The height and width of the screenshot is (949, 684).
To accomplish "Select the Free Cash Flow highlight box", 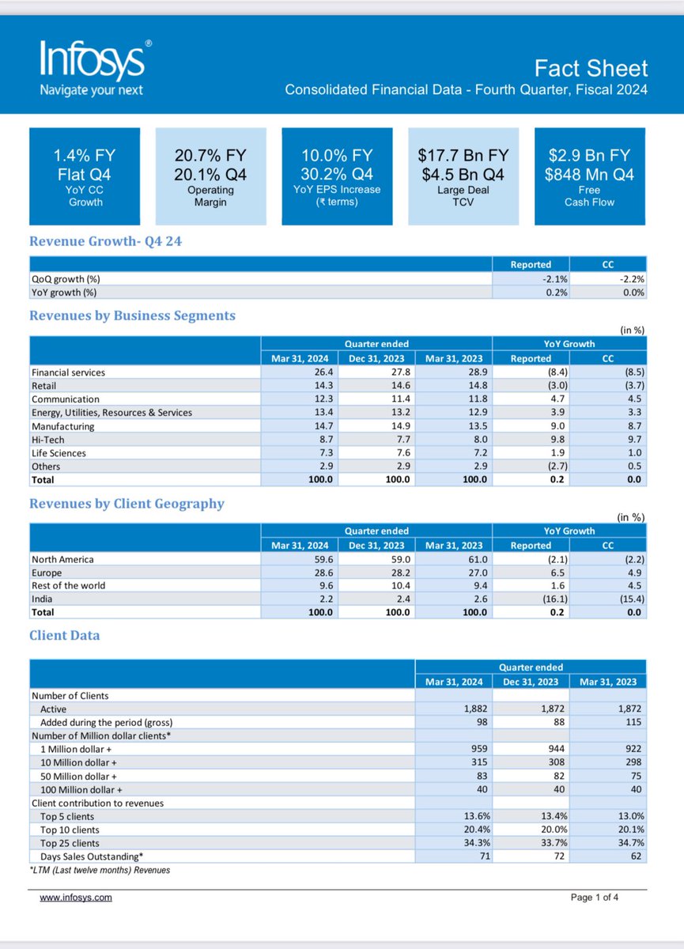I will [589, 176].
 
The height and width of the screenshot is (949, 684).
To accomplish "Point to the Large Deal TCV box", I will [463, 176].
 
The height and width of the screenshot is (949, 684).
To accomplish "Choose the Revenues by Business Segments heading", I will [132, 316].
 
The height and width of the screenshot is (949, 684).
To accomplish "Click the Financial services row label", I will [68, 372].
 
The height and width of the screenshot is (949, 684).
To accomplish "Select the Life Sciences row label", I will [59, 453].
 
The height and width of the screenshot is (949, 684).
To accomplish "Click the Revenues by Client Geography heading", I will [127, 504].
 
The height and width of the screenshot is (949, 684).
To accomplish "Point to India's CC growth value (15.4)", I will [631, 599].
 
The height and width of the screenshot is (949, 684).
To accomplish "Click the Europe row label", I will [47, 573].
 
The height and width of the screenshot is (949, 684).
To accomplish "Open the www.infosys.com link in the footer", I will [76, 898].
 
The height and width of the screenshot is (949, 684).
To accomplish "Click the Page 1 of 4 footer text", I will [601, 898].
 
